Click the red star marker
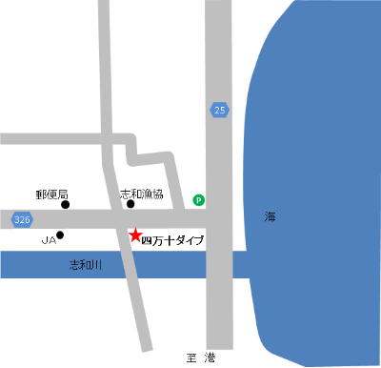[135, 234]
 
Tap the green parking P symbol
[199, 200]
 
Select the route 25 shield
[220, 111]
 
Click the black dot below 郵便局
[66, 204]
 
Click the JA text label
[48, 240]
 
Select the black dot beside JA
[60, 235]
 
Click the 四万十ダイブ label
[172, 240]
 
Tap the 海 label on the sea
[271, 217]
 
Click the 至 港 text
[203, 358]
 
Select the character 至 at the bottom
[191, 358]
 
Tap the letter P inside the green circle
[199, 200]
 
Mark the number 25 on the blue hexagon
[220, 111]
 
